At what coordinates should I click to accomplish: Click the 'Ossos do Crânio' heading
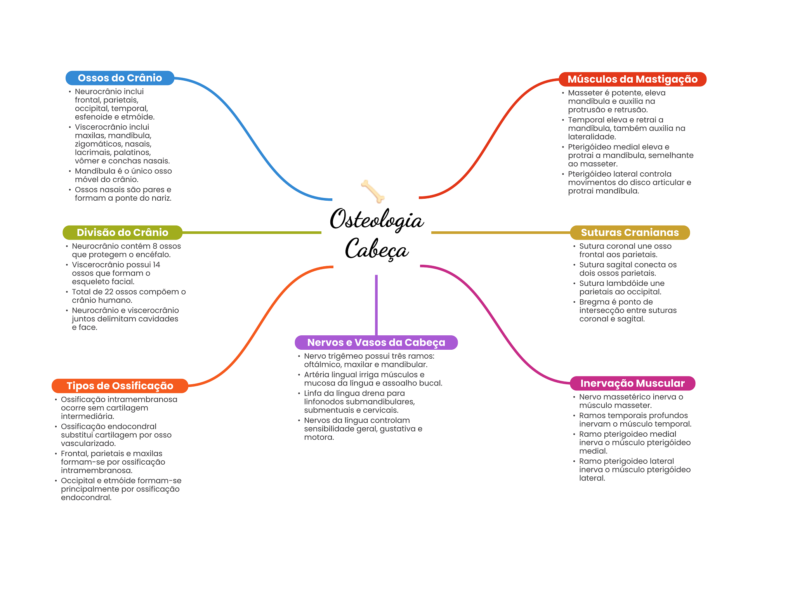(x=120, y=78)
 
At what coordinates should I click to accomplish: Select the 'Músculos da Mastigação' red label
(x=632, y=79)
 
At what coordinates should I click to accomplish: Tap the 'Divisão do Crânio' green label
(x=122, y=232)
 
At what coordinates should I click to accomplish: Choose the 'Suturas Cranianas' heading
(x=630, y=232)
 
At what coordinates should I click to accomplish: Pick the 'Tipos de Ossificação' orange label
(x=120, y=386)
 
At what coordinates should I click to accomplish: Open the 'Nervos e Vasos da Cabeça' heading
(x=376, y=342)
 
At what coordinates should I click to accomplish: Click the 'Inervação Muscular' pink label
(x=632, y=383)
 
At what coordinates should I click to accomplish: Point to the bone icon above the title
(x=373, y=191)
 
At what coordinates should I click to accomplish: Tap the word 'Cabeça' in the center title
(x=376, y=249)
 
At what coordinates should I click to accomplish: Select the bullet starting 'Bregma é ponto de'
(x=627, y=311)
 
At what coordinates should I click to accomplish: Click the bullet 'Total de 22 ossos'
(x=128, y=296)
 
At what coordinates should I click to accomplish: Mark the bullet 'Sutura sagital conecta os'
(x=627, y=269)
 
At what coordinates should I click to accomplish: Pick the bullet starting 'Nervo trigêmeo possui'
(x=369, y=360)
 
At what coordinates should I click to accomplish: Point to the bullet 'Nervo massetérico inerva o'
(x=631, y=401)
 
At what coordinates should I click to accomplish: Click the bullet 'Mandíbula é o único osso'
(x=123, y=175)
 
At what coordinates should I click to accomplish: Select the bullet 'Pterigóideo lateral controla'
(x=629, y=182)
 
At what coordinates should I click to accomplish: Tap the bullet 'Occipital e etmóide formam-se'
(x=120, y=489)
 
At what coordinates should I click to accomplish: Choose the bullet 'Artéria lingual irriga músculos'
(x=373, y=379)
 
